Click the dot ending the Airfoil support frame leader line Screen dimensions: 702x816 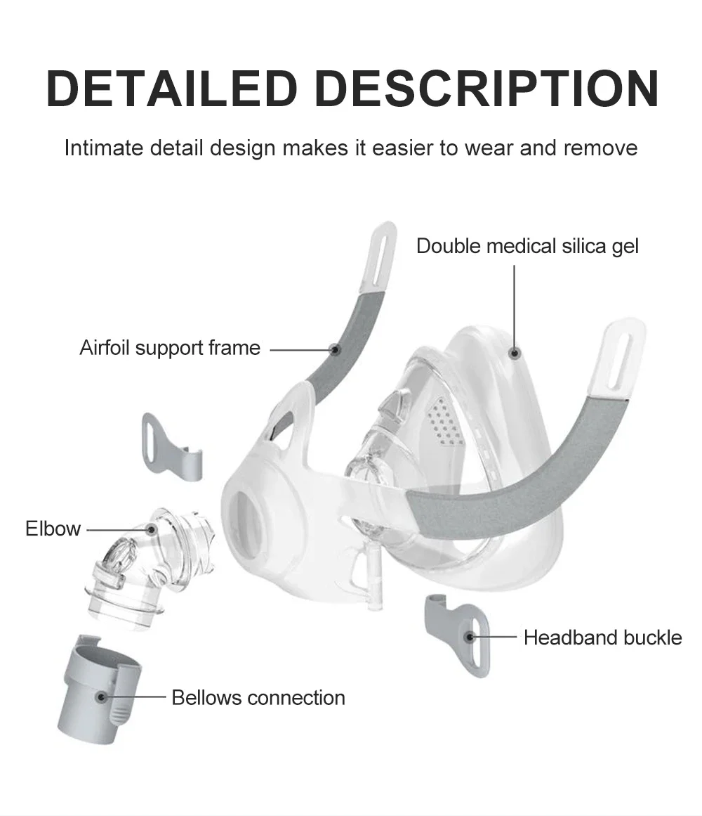(x=335, y=350)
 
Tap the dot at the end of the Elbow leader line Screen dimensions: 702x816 (x=151, y=530)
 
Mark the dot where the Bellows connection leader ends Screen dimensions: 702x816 (x=102, y=697)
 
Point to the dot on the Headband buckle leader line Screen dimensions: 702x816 (x=469, y=637)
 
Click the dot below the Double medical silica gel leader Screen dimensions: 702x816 (x=515, y=353)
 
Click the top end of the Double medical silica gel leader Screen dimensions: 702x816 (x=515, y=266)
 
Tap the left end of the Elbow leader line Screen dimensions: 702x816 (x=87, y=530)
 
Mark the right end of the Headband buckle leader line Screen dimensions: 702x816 (x=517, y=637)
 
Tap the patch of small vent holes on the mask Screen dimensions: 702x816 (x=444, y=422)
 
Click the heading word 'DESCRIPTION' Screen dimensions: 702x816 (x=487, y=89)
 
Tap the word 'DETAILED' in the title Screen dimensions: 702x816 (x=172, y=89)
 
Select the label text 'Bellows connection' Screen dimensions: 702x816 (x=258, y=698)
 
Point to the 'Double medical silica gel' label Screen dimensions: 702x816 (x=527, y=246)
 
